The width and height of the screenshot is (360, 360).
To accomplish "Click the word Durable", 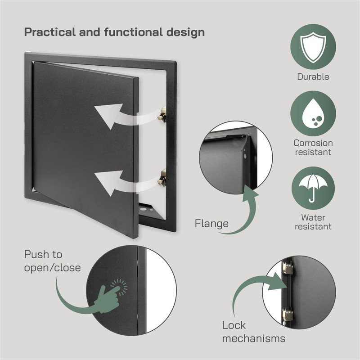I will coord(313,76).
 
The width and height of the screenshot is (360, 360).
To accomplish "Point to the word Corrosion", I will coord(313,143).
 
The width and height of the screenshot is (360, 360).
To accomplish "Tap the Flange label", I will coord(211,223).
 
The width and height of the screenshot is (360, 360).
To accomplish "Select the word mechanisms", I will coord(254,338).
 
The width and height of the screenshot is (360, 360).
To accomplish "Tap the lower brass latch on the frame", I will coord(161,177).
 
